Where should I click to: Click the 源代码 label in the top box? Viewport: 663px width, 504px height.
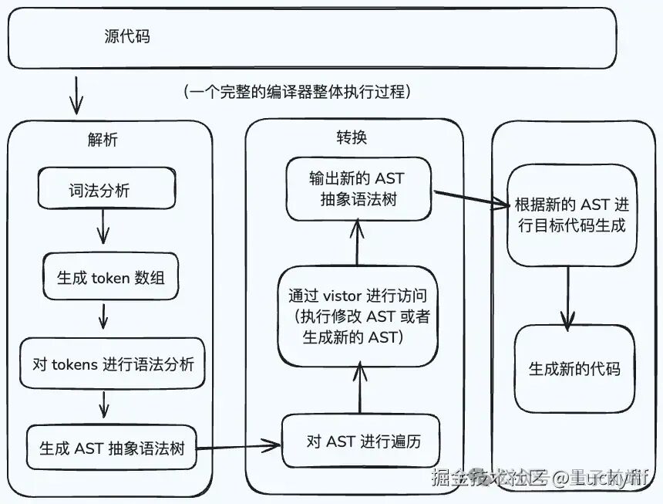point(127,36)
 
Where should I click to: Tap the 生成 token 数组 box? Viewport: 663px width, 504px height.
point(110,278)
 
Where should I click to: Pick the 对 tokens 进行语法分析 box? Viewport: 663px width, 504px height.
point(113,364)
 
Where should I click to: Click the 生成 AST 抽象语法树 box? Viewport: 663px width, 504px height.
point(112,448)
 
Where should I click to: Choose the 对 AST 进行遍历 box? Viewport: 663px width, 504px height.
point(362,441)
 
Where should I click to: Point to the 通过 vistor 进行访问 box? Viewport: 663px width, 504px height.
point(358,316)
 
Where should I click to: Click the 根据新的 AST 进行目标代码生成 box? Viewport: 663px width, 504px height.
point(571,215)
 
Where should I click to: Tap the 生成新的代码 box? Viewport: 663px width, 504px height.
point(574,369)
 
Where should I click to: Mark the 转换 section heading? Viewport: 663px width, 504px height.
point(351,138)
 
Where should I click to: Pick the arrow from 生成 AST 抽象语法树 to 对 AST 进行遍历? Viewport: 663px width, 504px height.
point(238,445)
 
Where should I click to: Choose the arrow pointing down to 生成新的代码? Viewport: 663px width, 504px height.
point(569,296)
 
